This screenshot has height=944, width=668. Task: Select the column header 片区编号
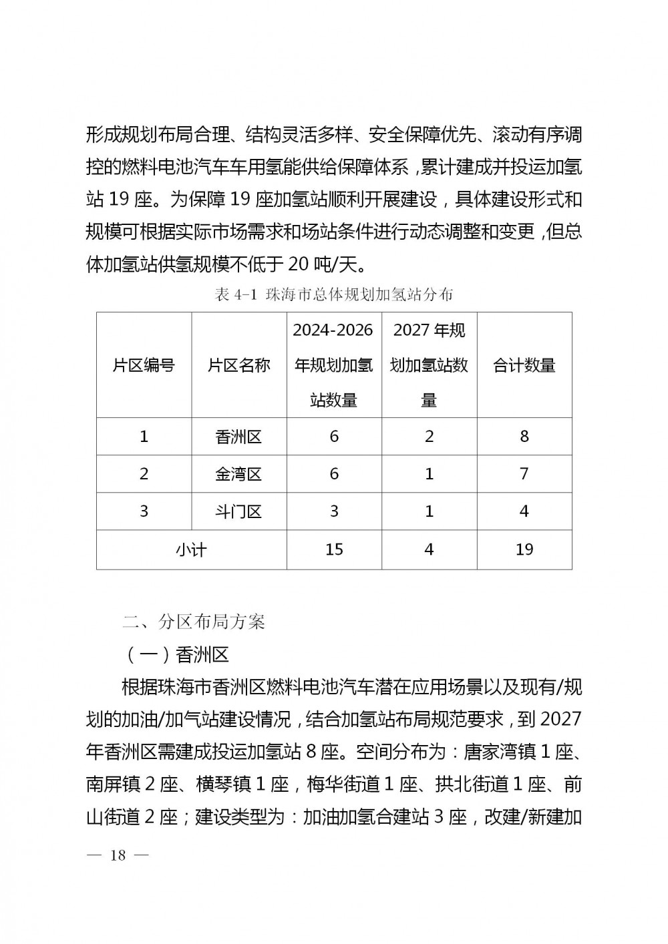(x=144, y=365)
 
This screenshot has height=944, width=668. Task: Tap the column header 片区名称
(x=239, y=365)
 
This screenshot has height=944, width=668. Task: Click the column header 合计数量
(x=524, y=365)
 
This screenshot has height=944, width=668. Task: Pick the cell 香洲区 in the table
(x=239, y=437)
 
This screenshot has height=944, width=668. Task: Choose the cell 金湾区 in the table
(x=239, y=475)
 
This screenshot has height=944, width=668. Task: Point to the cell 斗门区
(x=239, y=512)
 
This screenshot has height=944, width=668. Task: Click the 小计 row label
(x=192, y=550)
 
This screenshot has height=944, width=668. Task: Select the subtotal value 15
(x=334, y=549)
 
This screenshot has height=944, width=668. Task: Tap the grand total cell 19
(x=524, y=549)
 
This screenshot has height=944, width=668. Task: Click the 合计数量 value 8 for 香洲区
(x=524, y=437)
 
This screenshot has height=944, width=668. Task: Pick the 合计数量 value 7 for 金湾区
(x=524, y=474)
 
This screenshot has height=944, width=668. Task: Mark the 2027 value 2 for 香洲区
(x=429, y=437)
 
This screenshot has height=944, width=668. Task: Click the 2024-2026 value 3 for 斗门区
(x=334, y=512)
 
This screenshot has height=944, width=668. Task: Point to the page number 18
(x=118, y=855)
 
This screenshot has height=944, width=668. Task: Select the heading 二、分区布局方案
(x=194, y=622)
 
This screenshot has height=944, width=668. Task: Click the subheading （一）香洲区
(x=176, y=654)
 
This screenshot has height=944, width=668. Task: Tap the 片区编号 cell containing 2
(x=144, y=474)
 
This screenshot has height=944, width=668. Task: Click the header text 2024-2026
(x=333, y=330)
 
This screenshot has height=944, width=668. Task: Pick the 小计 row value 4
(x=429, y=549)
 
